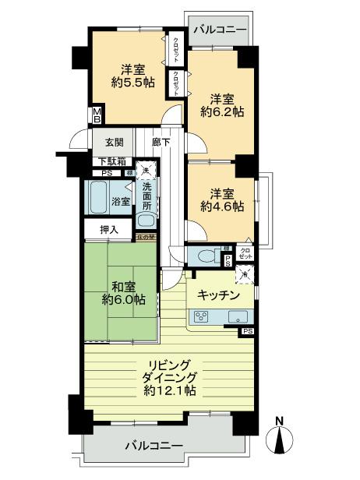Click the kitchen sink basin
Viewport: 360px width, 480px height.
[238, 316]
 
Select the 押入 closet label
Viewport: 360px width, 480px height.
[110, 230]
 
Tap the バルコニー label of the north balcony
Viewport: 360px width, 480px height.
[220, 29]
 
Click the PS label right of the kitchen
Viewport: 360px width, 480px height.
[248, 331]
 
